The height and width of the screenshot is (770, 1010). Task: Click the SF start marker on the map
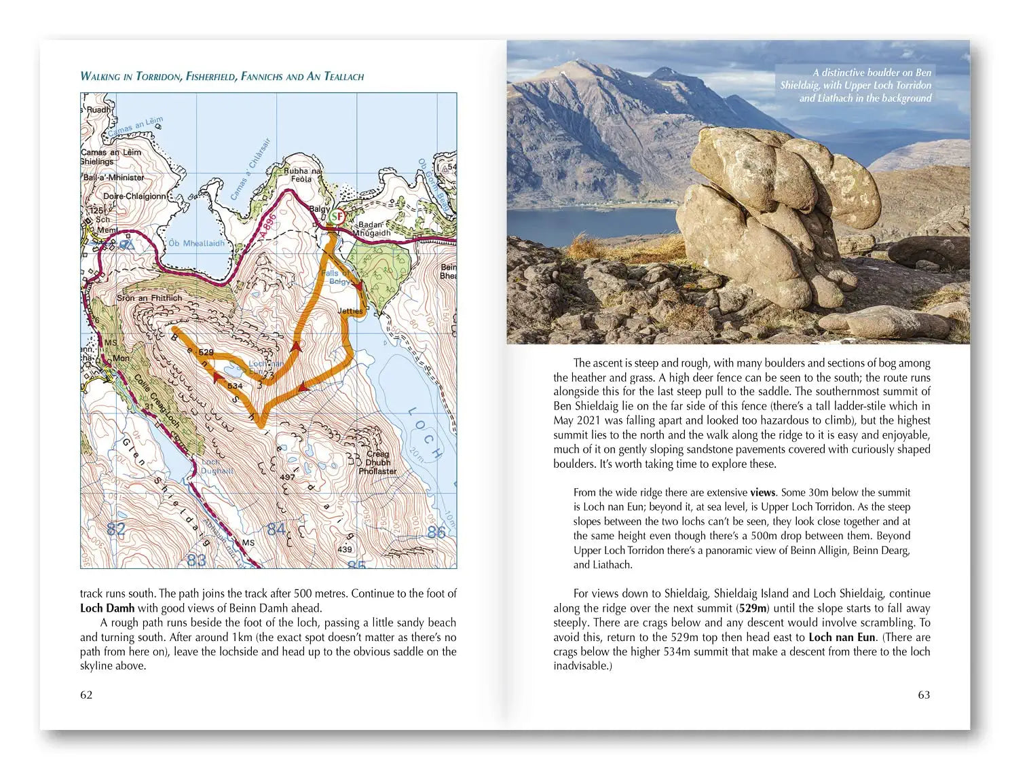(337, 217)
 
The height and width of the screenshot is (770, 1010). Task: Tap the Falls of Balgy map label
(337, 277)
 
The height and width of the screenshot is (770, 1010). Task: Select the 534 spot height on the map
(235, 386)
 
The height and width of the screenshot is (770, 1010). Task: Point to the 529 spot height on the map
(206, 352)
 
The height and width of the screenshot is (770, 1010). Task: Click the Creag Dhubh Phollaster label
(377, 462)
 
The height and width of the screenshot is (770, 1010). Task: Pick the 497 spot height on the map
(287, 477)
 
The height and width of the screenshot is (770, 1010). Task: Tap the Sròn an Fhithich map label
(149, 297)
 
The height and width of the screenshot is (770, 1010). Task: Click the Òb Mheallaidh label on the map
(196, 243)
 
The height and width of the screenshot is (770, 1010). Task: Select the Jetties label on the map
(350, 311)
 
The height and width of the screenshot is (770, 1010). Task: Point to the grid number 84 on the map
(276, 529)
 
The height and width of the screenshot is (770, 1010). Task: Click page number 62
(86, 695)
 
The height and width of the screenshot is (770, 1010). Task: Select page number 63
(924, 695)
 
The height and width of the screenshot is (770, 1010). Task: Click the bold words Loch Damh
(107, 608)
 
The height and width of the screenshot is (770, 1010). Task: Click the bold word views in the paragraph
(763, 492)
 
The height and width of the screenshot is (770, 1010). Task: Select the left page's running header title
(222, 76)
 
